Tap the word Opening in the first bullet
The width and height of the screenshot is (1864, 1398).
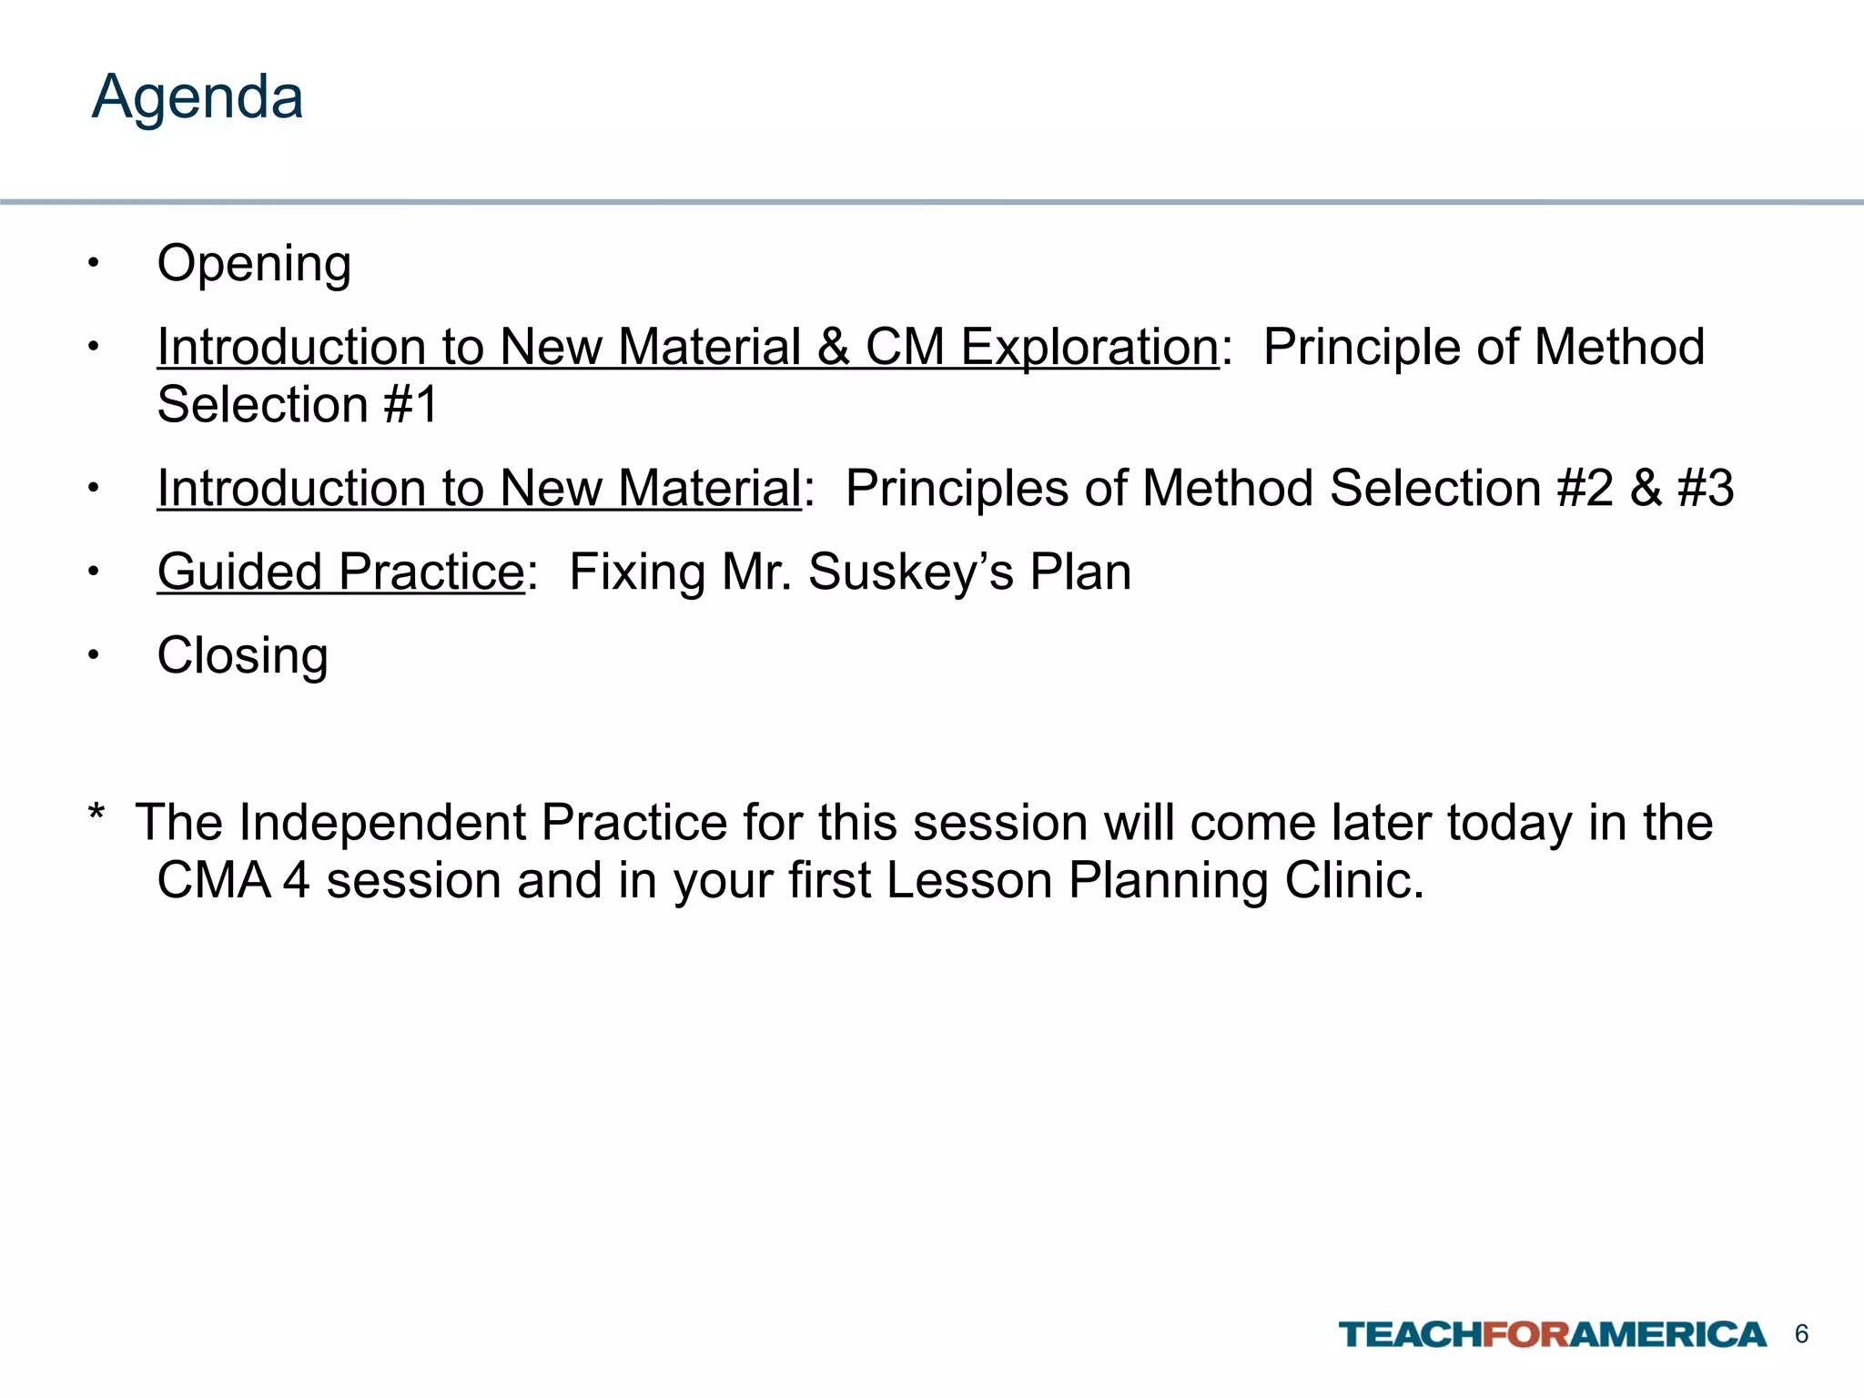(254, 264)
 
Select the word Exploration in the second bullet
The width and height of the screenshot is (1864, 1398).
(1089, 348)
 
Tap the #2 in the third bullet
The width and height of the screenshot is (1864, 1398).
(1585, 489)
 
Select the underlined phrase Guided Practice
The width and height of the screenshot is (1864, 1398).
(340, 572)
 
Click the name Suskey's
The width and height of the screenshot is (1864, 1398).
(910, 572)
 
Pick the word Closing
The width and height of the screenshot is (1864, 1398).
(242, 656)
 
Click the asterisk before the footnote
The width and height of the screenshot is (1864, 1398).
(96, 813)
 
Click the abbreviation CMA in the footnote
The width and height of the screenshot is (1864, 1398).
(214, 881)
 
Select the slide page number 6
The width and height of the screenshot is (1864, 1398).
(1801, 1334)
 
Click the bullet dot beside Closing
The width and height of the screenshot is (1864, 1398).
(93, 655)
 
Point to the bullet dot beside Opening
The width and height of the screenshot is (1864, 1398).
(93, 263)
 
